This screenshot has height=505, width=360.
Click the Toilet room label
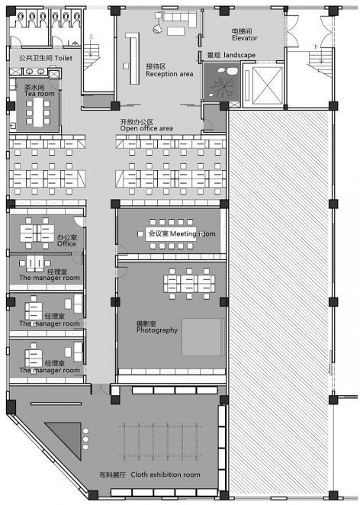[x=46, y=58]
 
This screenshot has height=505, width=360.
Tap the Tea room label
[x=40, y=91]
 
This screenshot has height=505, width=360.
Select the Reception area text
[x=169, y=70]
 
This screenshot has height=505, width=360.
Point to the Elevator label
[x=244, y=34]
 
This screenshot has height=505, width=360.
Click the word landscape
[x=239, y=55]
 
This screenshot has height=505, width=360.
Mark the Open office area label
[x=146, y=125]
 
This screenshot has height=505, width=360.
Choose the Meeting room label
[x=182, y=233]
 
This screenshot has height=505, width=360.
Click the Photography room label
[x=157, y=327]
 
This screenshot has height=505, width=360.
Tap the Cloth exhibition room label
[x=149, y=474]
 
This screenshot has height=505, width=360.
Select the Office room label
[x=66, y=240]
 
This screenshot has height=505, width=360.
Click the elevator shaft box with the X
[x=267, y=85]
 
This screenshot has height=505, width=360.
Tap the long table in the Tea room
[x=38, y=112]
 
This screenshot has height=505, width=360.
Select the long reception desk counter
[x=133, y=58]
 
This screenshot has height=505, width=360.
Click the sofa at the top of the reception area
[x=180, y=18]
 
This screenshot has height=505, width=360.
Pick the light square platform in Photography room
[x=202, y=337]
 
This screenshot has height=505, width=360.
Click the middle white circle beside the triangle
[x=85, y=439]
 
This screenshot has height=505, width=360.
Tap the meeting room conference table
[x=172, y=234]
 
